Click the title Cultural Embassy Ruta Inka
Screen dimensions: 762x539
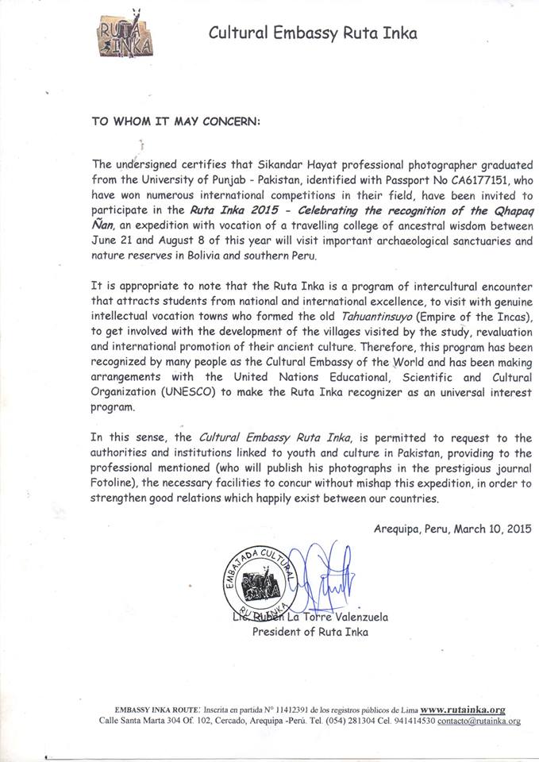point(312,33)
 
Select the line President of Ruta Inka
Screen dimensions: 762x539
point(310,632)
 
